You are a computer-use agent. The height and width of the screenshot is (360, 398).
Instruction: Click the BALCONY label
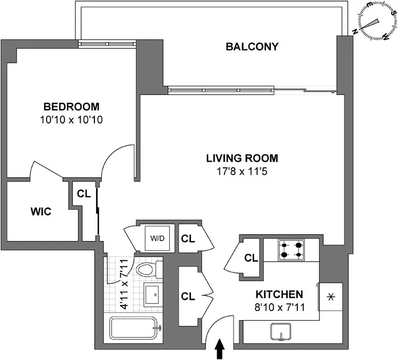tap(252, 47)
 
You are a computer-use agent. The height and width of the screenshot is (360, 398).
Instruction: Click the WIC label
tap(41, 212)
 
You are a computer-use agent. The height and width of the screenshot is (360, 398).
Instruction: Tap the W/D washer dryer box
tap(156, 238)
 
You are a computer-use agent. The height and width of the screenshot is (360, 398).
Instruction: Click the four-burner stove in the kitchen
tap(291, 249)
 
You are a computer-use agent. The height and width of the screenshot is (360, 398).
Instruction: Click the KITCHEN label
tap(279, 295)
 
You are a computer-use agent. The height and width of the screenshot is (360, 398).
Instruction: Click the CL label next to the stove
tap(251, 258)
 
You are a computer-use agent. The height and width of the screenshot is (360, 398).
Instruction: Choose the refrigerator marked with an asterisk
tap(330, 296)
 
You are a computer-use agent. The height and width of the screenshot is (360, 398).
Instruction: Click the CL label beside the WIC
tap(84, 193)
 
